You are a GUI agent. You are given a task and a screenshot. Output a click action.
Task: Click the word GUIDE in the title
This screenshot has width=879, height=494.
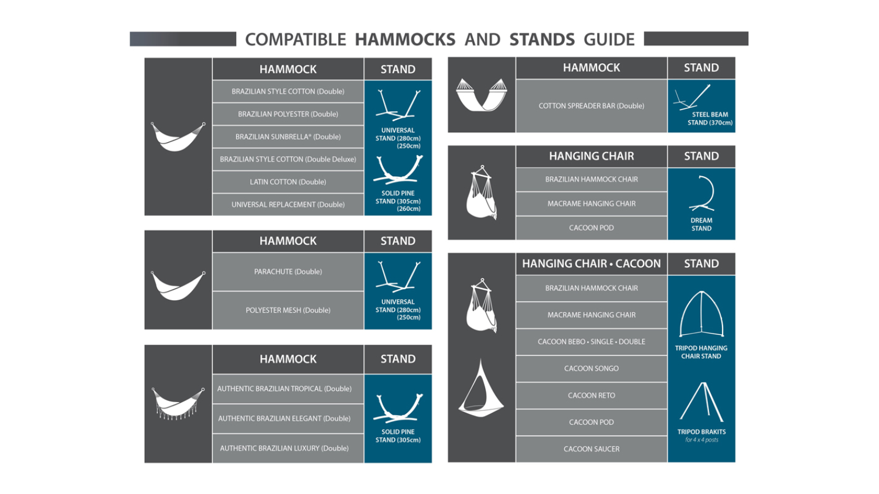click(x=609, y=40)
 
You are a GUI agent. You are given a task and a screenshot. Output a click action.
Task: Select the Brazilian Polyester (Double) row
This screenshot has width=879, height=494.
click(x=288, y=114)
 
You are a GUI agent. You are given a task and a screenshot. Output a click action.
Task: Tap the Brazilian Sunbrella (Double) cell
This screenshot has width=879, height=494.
click(x=288, y=137)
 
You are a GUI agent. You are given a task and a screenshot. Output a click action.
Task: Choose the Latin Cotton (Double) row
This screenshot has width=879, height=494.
click(x=288, y=182)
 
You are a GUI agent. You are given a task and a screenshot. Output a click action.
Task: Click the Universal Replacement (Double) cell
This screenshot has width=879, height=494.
click(x=288, y=205)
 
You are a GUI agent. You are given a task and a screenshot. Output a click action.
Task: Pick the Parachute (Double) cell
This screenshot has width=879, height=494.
click(x=288, y=272)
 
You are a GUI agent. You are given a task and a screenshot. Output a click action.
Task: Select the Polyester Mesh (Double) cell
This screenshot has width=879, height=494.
click(x=288, y=310)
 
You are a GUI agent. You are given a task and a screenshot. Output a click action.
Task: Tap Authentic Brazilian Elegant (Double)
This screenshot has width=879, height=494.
click(x=288, y=418)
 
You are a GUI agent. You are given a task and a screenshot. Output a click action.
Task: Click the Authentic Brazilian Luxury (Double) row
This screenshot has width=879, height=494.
click(x=288, y=448)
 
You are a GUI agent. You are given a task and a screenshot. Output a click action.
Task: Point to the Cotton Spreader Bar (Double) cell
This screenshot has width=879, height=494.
click(x=591, y=106)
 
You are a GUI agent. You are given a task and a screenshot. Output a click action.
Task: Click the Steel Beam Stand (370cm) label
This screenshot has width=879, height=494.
click(x=710, y=118)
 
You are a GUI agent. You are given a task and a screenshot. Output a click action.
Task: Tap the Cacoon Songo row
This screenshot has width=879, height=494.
click(x=591, y=369)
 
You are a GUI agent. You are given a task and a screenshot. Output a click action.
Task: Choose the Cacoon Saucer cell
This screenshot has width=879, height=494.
click(x=591, y=450)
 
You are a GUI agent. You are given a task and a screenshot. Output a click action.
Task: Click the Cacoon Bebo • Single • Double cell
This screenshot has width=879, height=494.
click(x=591, y=342)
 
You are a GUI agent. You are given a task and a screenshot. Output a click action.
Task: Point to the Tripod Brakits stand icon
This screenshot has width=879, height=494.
click(x=702, y=402)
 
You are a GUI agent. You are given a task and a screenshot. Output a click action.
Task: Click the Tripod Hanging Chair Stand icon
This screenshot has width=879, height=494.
click(x=701, y=314)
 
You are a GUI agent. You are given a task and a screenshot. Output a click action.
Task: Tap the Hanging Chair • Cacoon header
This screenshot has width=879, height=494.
click(x=591, y=263)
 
